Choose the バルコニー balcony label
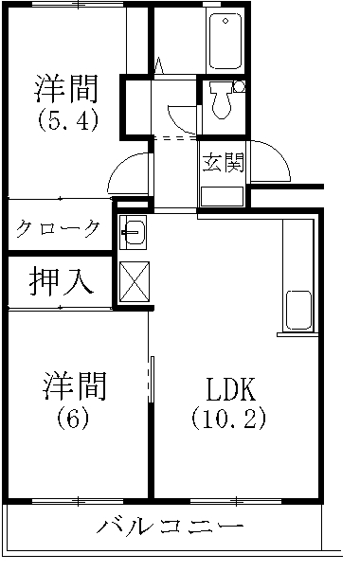[x=171, y=527]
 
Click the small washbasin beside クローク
[x=132, y=229]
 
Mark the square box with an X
[x=132, y=279]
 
